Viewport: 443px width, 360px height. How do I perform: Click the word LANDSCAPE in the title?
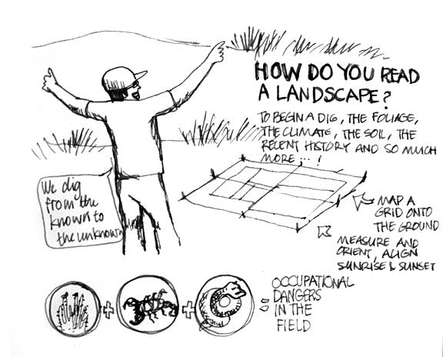pyautogui.click(x=327, y=95)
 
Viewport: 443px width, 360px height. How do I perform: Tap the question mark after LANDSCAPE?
pyautogui.click(x=385, y=99)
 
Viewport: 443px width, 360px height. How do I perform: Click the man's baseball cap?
pyautogui.click(x=122, y=78)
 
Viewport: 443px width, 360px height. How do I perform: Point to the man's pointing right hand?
pyautogui.click(x=218, y=52)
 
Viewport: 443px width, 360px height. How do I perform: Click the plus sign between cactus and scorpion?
pyautogui.click(x=108, y=310)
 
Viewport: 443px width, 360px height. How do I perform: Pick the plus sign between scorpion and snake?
pyautogui.click(x=188, y=309)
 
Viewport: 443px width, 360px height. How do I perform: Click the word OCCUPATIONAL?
pyautogui.click(x=312, y=282)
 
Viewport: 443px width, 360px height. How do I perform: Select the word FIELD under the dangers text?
pyautogui.click(x=293, y=325)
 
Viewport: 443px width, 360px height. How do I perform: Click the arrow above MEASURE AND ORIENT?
pyautogui.click(x=324, y=231)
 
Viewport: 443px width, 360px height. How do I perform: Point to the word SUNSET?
pyautogui.click(x=416, y=266)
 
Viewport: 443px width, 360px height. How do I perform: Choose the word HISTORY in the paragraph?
pyautogui.click(x=326, y=147)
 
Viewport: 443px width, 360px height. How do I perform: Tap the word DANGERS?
pyautogui.click(x=297, y=295)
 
